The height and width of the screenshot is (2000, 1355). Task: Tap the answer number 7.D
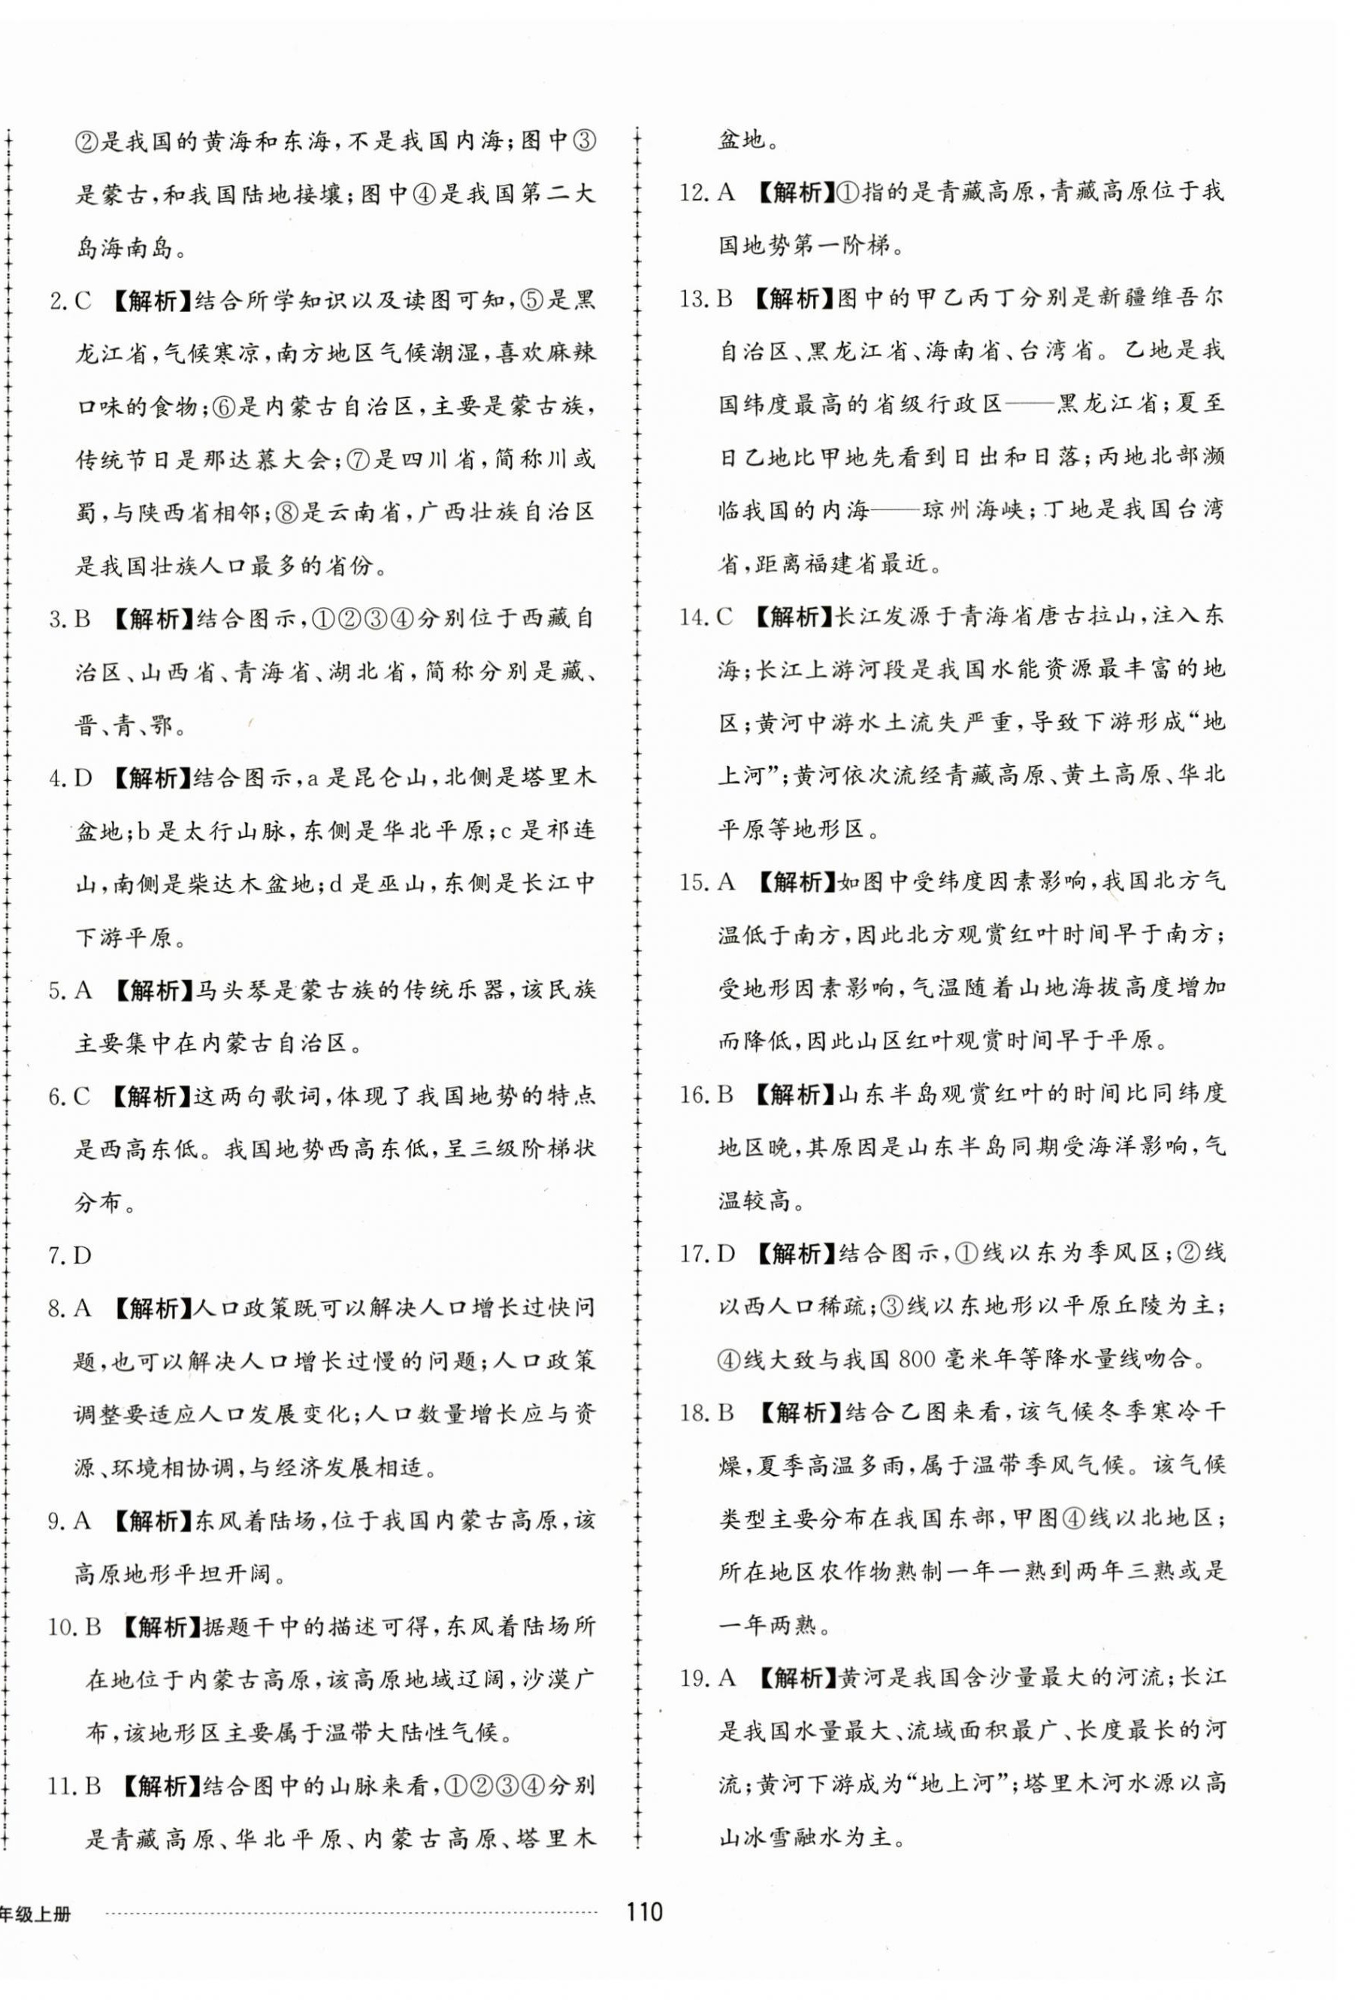tap(70, 1255)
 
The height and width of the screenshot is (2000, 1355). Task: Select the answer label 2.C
tap(70, 301)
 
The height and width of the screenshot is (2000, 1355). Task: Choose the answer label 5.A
tap(70, 990)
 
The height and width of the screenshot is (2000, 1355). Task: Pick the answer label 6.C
tap(70, 1096)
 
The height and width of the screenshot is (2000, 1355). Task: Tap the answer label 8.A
tap(70, 1309)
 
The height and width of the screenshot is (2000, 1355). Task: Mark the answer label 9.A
tap(70, 1521)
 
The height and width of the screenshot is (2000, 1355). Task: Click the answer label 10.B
tap(75, 1627)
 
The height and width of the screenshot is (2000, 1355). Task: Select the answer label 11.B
tap(75, 1786)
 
